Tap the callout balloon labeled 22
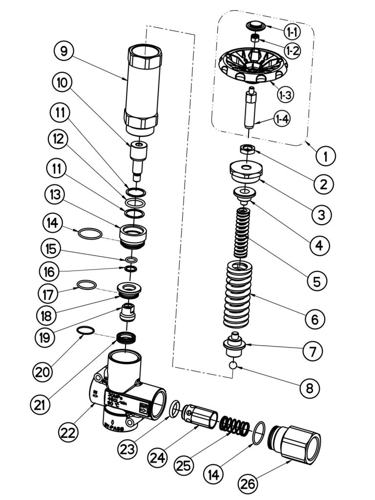click(x=69, y=432)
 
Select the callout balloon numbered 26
click(x=250, y=483)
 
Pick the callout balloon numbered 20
click(x=45, y=372)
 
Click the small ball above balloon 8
click(x=234, y=365)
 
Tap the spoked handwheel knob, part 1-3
click(x=254, y=66)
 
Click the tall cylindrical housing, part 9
click(x=143, y=90)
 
